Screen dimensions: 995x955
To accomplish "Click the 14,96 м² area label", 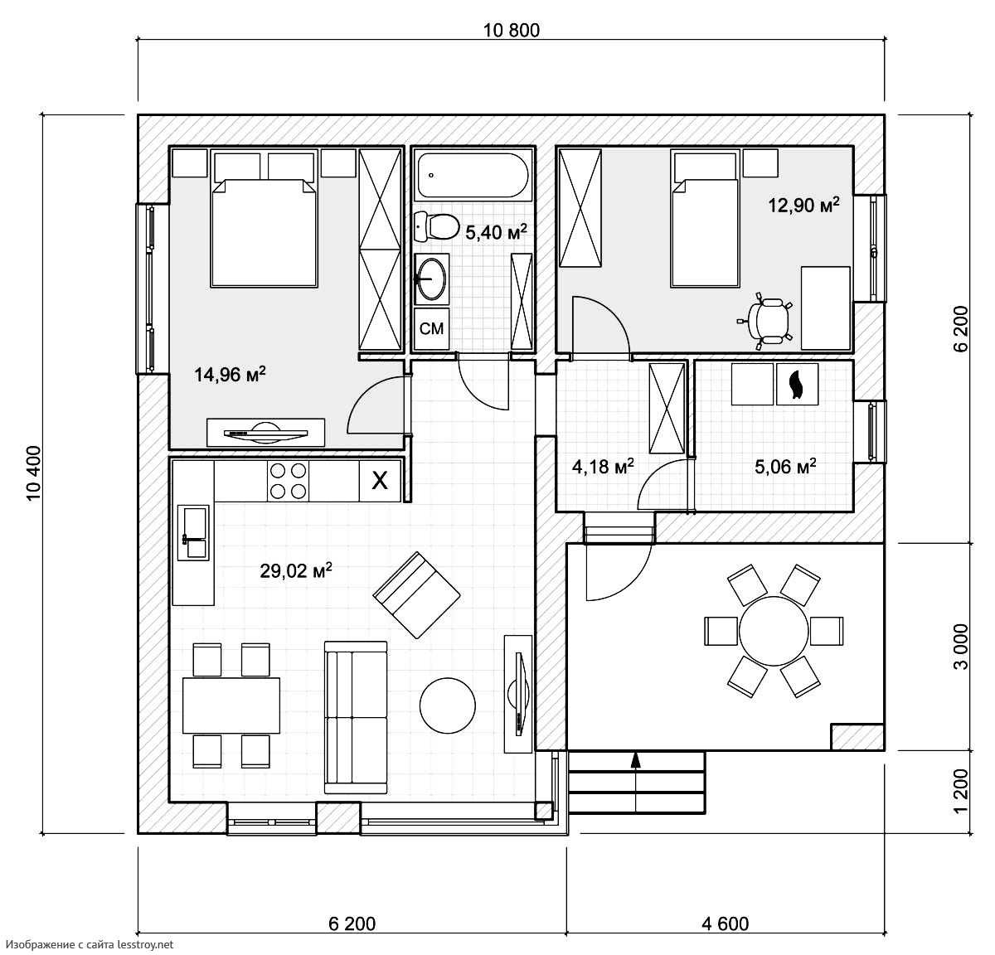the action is point(230,374).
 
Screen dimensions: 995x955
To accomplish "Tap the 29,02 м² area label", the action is point(296,570).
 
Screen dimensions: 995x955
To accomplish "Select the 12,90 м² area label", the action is point(803,205).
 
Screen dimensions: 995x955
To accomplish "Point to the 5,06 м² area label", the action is point(785,466).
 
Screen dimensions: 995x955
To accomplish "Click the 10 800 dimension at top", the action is point(512,31).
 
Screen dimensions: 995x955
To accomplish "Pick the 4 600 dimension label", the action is point(725,923).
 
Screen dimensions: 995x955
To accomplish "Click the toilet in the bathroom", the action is point(436,227).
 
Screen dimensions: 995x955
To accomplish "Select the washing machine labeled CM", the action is point(431,328).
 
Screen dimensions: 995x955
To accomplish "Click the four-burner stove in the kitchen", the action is point(288,481).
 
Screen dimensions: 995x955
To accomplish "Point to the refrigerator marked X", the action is point(380,481).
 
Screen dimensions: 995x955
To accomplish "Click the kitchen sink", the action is point(193,533).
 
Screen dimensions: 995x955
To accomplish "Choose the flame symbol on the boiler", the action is point(797,384).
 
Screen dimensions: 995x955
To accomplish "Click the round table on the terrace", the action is point(774,631).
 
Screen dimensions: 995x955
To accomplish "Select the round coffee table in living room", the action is point(448,705).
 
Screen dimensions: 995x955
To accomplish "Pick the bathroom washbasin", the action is point(431,279).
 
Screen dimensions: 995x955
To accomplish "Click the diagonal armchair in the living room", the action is point(416,595).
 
